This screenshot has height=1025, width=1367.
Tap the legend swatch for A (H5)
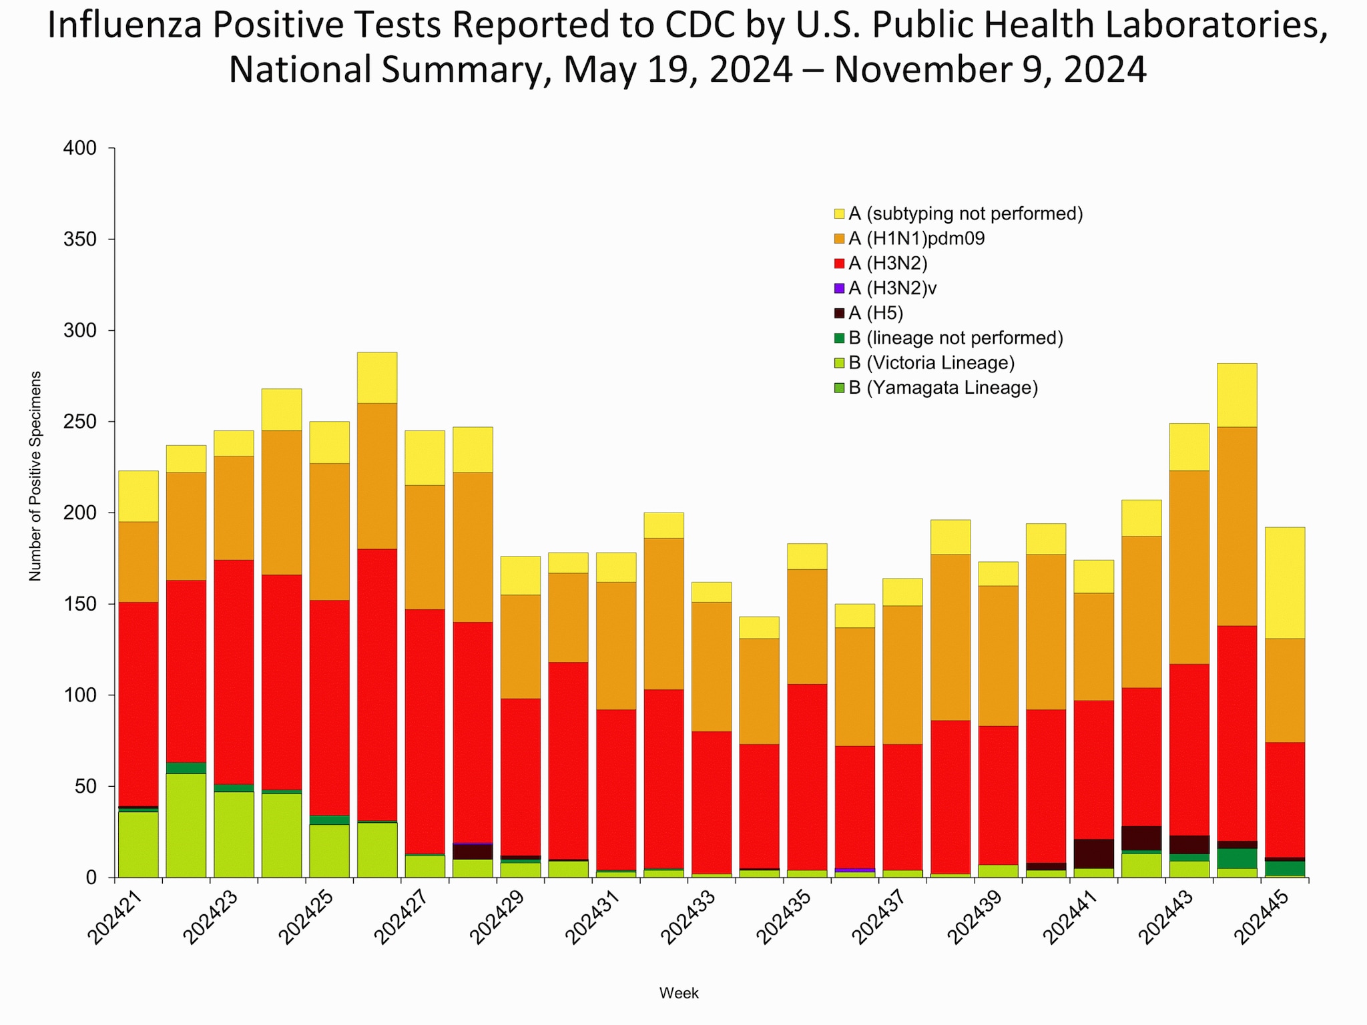(x=840, y=313)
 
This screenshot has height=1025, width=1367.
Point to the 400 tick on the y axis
(x=79, y=148)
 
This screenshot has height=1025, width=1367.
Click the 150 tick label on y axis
(x=79, y=605)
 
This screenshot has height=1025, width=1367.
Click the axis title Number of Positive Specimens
(x=35, y=476)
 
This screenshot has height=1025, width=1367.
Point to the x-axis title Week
(x=679, y=993)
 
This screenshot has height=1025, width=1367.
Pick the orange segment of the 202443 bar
(x=1189, y=567)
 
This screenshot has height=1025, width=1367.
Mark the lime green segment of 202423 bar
(x=234, y=834)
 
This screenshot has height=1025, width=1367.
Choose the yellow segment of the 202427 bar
(x=425, y=458)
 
